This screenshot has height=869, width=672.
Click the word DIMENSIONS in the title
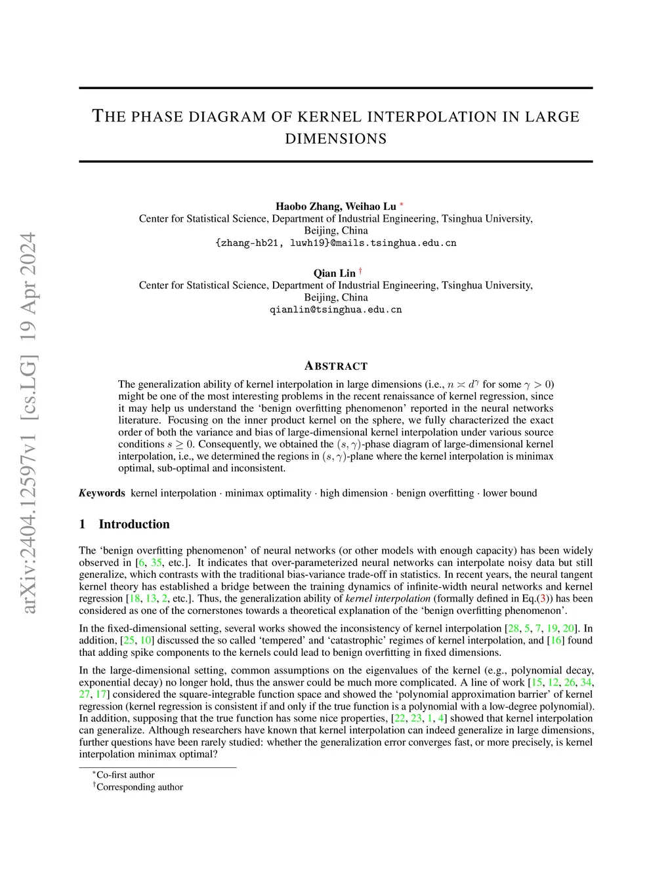335,139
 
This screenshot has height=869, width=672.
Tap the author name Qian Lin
335,273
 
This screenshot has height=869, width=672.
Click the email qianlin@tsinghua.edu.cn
335,310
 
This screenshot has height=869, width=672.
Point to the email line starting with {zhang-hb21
335,243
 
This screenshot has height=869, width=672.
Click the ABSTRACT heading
336,366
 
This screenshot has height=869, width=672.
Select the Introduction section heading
134,524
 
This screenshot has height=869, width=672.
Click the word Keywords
102,493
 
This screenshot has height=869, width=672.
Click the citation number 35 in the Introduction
156,563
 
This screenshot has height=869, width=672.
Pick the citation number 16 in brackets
555,641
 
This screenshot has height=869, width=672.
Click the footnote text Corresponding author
139,787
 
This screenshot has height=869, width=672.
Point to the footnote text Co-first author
125,775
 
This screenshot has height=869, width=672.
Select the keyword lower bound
510,493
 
